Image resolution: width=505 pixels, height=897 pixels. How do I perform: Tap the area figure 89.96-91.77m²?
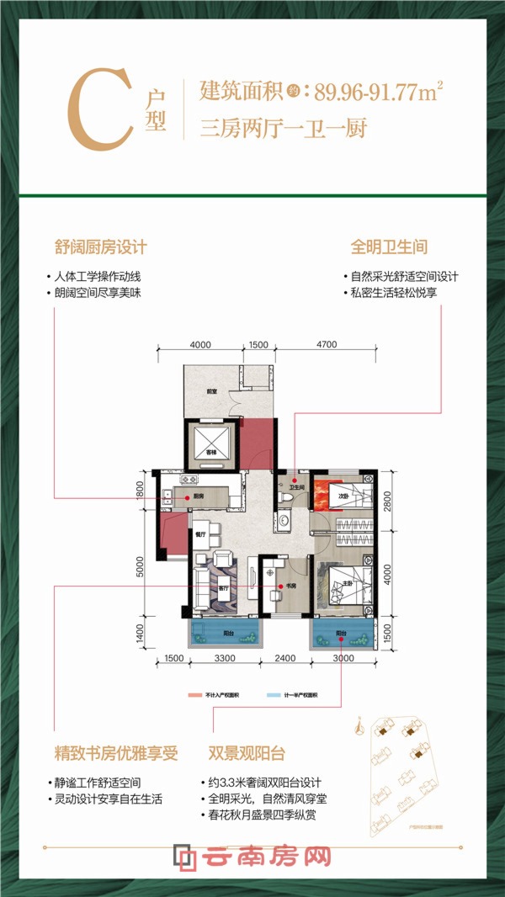(384, 90)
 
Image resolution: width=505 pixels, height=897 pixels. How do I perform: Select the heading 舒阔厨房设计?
(101, 247)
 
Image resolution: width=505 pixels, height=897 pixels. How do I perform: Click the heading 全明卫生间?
(389, 247)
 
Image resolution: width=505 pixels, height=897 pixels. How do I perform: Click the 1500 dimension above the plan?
(258, 344)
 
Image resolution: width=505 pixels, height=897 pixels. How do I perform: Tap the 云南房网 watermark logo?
(252, 858)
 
